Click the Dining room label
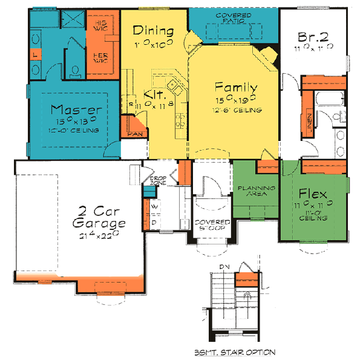coord(154,31)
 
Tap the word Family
coord(237,87)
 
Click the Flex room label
coord(313,194)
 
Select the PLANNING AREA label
coord(256,191)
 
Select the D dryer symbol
coord(155,222)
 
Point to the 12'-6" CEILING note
coord(237,110)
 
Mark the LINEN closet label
coord(309,124)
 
